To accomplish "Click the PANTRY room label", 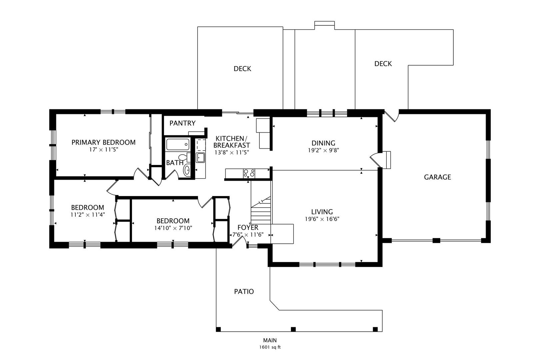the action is click(x=182, y=123).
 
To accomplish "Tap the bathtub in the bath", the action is click(x=178, y=144).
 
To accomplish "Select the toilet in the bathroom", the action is click(x=185, y=157).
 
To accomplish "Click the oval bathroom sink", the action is click(x=187, y=170).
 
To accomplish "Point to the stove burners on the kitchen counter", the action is click(x=249, y=173).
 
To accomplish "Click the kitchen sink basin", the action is click(x=200, y=158).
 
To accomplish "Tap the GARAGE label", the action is click(x=437, y=177).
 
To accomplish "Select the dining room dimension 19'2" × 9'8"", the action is click(x=323, y=150).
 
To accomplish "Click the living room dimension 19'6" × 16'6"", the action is click(x=322, y=219).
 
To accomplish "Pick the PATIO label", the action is click(x=244, y=292).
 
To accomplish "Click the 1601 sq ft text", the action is click(x=270, y=347).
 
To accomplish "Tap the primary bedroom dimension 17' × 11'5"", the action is click(x=104, y=150).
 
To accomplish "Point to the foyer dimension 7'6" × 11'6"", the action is click(x=248, y=235).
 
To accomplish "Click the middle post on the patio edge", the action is click(x=293, y=329).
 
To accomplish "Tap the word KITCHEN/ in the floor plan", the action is click(x=231, y=139).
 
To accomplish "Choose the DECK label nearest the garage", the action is click(x=383, y=64).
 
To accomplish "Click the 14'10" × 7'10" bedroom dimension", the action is click(x=173, y=228).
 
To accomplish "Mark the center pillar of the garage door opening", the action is click(x=436, y=240).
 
